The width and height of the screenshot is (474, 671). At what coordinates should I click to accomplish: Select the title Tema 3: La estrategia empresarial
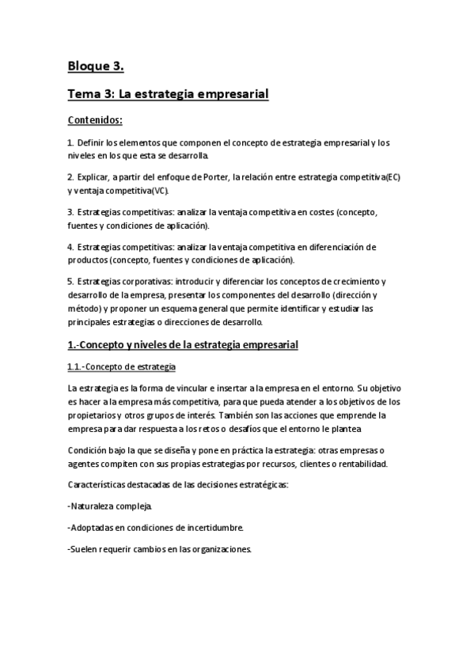tap(169, 94)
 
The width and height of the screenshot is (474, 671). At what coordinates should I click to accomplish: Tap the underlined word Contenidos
tap(94, 120)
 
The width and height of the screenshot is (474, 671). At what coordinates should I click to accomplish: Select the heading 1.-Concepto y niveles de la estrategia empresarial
tap(183, 345)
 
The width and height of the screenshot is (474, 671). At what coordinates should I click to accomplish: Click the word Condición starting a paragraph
tap(89, 450)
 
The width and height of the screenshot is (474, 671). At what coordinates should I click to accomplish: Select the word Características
tap(98, 485)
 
